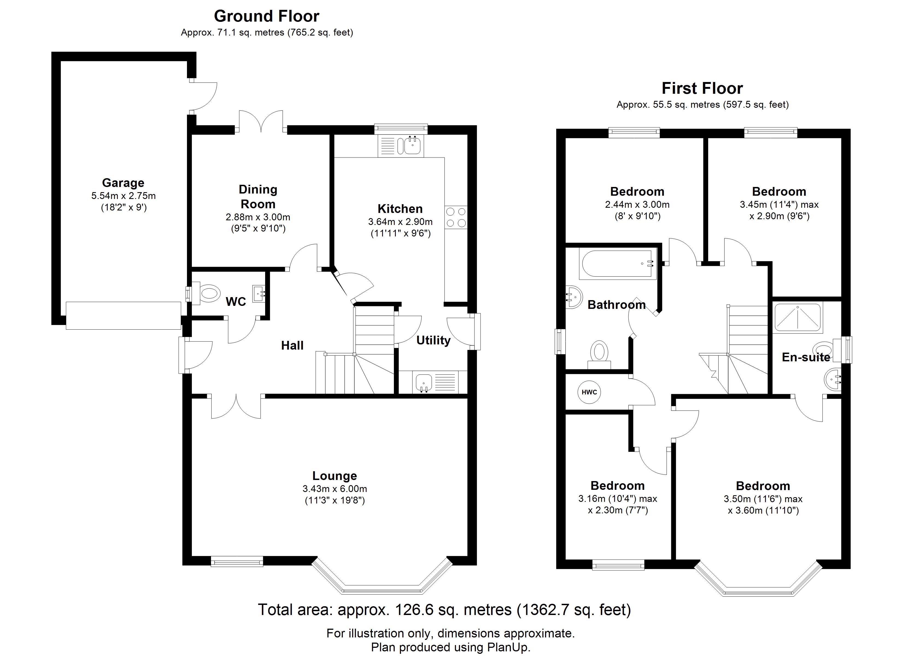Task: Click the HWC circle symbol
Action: tap(589, 392)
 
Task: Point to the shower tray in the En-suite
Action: tap(797, 317)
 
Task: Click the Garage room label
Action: tap(123, 183)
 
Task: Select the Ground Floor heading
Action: tap(266, 16)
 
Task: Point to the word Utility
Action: tap(433, 341)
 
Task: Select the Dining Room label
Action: tap(258, 197)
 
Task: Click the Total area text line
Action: tap(444, 610)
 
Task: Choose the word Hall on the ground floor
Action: tap(292, 345)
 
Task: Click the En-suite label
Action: tap(806, 357)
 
